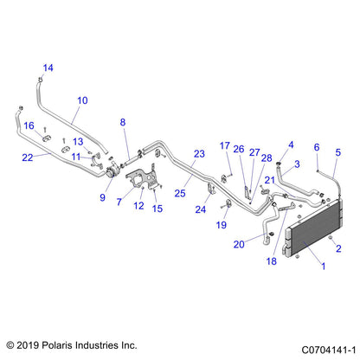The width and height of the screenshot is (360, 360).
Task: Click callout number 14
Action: point(48,67)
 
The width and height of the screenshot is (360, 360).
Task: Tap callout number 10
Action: point(82,100)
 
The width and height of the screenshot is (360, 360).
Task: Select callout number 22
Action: point(27,157)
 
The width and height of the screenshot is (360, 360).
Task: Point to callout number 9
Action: point(103,198)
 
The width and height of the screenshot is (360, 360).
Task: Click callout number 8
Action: point(123,122)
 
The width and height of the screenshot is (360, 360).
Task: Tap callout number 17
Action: point(224,145)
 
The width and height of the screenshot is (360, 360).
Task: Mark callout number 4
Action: point(291,145)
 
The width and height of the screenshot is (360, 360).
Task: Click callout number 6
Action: point(317,147)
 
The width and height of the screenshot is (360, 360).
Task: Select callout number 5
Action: point(338,152)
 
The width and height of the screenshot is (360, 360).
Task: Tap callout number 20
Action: point(237,245)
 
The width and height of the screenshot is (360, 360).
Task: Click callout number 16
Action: point(29,125)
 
